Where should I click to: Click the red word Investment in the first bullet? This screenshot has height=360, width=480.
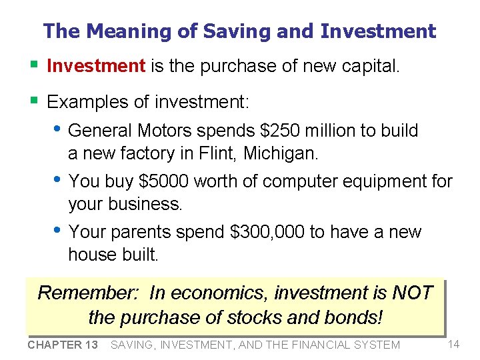point(96,66)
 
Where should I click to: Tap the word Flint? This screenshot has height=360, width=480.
point(218,153)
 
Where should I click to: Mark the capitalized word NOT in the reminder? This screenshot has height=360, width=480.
point(413,293)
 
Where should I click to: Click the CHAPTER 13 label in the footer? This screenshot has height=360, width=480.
point(63,345)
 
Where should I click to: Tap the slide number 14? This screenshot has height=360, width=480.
point(454,344)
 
